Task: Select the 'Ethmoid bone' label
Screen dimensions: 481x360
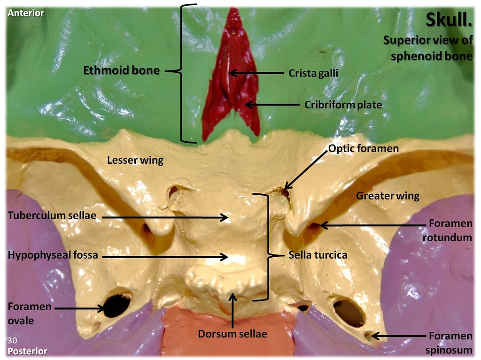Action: pos(121,71)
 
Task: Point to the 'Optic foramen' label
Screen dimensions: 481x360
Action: pos(364,148)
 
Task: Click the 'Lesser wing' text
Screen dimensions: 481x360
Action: pos(135,161)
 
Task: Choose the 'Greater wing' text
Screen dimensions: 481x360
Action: pos(388,196)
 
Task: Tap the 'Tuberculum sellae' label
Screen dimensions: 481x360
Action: pos(52,215)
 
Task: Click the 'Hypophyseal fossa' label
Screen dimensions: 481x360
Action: pos(53,256)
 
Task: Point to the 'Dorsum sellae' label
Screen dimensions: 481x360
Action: pos(233,334)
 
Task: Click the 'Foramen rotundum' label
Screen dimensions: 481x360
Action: pos(447,231)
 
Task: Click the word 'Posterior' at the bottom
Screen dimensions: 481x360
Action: pos(27,351)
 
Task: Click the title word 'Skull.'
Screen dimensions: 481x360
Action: pos(448,20)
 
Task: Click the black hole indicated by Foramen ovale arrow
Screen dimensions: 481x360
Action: pos(116,305)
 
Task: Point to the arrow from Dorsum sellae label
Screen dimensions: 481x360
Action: pos(233,310)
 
